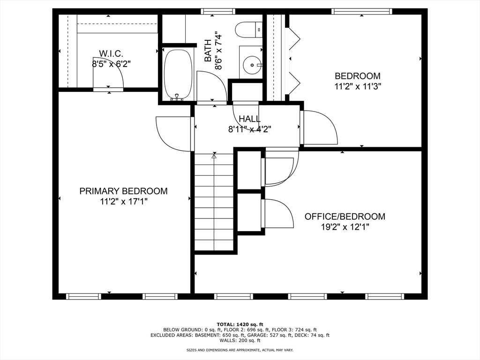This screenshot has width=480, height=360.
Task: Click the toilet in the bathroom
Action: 249,30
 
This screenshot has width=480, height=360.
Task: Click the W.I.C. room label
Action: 111,54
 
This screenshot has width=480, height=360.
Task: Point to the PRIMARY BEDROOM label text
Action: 123,191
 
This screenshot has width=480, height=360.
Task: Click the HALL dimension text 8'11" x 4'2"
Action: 250,129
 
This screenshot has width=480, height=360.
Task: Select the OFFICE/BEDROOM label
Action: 345,217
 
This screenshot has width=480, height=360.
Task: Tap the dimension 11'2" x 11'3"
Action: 358,87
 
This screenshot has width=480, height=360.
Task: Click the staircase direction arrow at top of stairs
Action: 214,156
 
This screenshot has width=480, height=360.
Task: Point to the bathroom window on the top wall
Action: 218,12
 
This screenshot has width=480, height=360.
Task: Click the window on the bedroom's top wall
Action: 362,12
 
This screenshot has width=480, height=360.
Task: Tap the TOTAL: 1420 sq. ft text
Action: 240,324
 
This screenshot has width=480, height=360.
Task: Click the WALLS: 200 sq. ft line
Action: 240,340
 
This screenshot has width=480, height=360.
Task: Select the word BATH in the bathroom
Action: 208,51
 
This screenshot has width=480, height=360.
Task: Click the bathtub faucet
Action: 177,97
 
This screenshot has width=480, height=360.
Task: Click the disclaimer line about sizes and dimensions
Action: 240,350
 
